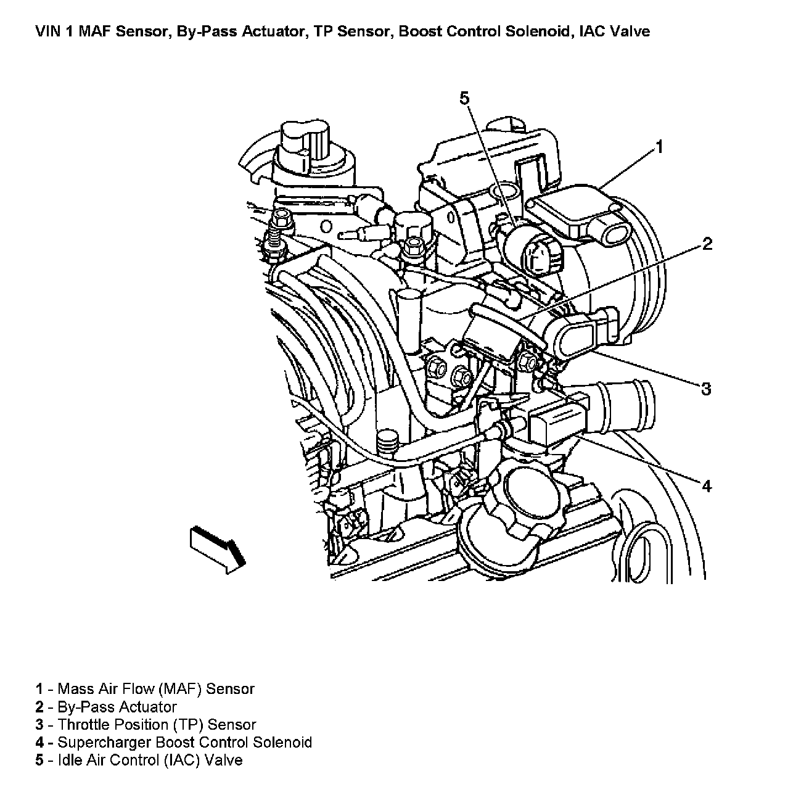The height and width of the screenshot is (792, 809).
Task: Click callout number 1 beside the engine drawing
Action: click(x=659, y=147)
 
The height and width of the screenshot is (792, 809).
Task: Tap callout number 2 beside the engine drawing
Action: click(x=707, y=244)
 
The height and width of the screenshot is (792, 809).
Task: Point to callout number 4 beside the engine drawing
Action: click(x=707, y=486)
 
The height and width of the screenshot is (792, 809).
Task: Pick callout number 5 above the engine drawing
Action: click(x=464, y=97)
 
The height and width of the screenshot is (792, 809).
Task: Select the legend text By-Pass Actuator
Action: click(x=117, y=707)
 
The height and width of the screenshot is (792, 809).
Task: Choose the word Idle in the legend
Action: click(x=68, y=761)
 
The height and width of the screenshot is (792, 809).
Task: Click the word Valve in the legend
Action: click(x=224, y=761)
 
